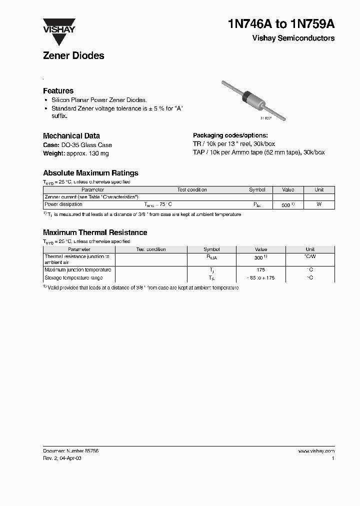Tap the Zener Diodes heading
tap(73, 56)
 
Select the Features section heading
tap(58, 91)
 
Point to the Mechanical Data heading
tap(71, 135)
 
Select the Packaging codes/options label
tap(230, 135)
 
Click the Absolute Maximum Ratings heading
tap(90, 173)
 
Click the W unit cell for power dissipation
tap(319, 204)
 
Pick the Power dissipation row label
tap(63, 204)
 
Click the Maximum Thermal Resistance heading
tap(95, 232)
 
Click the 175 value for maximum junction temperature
tap(261, 270)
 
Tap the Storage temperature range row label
tap(73, 277)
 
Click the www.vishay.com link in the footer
tap(316, 450)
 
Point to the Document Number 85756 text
tap(70, 450)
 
